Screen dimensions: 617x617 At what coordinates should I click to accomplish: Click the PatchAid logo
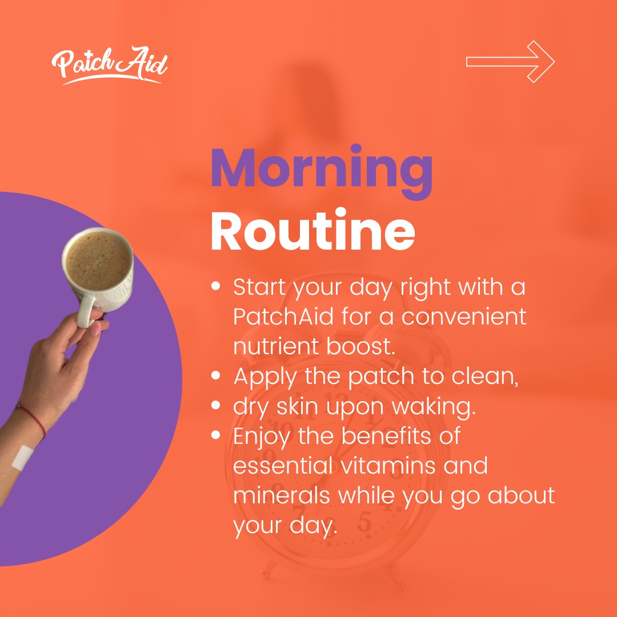(109, 65)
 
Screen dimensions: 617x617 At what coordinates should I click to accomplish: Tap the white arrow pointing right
(510, 62)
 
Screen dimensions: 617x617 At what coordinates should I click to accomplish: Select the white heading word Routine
(313, 230)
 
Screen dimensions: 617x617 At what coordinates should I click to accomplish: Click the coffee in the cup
(98, 260)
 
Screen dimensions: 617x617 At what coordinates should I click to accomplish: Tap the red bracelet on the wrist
(32, 420)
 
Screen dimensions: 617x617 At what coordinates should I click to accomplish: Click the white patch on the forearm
(22, 458)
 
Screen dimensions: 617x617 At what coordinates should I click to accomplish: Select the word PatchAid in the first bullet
(283, 316)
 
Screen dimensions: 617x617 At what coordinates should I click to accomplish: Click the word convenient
(464, 316)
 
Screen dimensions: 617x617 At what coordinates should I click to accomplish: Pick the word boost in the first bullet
(360, 346)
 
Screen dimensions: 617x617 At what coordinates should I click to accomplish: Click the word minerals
(281, 495)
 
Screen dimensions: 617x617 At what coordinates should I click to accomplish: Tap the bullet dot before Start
(215, 286)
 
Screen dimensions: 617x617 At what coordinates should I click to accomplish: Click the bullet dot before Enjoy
(215, 435)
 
